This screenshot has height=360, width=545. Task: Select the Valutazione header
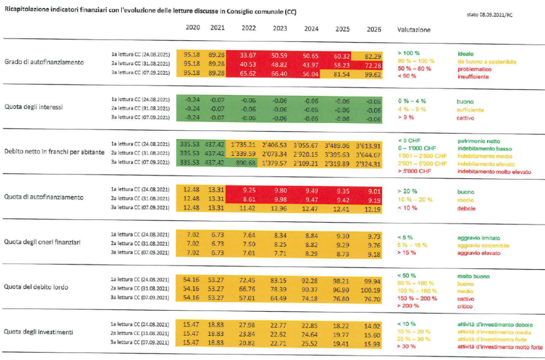pyautogui.click(x=414, y=30)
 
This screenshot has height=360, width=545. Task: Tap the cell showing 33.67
pyautogui.click(x=249, y=54)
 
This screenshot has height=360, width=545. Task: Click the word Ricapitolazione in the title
pyautogui.click(x=27, y=11)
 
